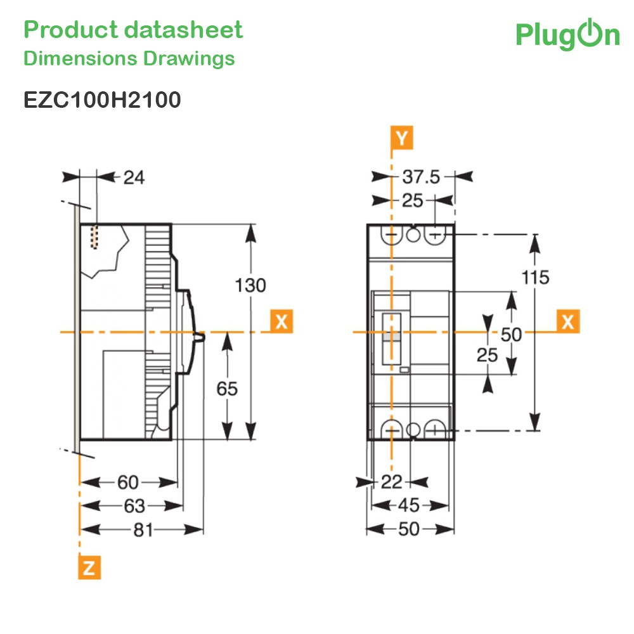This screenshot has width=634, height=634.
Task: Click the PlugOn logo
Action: pyautogui.click(x=567, y=35)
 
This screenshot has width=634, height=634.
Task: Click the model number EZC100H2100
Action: pyautogui.click(x=102, y=100)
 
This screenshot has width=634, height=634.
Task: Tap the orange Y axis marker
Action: pyautogui.click(x=401, y=138)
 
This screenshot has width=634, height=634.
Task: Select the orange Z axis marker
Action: pyautogui.click(x=89, y=567)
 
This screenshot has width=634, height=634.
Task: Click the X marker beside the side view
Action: pyautogui.click(x=281, y=321)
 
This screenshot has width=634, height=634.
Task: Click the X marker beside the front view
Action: pyautogui.click(x=568, y=321)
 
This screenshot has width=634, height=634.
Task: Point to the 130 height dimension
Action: pyautogui.click(x=250, y=285)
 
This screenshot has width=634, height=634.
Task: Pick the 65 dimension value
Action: pyautogui.click(x=227, y=389)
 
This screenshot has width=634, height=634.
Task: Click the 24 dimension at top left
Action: pyautogui.click(x=134, y=178)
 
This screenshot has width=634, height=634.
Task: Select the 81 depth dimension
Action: pyautogui.click(x=143, y=529)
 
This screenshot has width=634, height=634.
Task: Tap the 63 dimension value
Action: pyautogui.click(x=134, y=506)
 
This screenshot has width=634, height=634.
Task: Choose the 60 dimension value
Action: pyautogui.click(x=128, y=482)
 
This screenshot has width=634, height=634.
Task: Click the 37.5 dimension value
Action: pyautogui.click(x=421, y=177)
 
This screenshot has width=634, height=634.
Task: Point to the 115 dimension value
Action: pyautogui.click(x=535, y=278)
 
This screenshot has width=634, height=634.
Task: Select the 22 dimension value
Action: pyautogui.click(x=391, y=482)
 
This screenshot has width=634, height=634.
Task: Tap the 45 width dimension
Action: pyautogui.click(x=409, y=505)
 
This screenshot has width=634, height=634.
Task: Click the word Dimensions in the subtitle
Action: pyautogui.click(x=81, y=58)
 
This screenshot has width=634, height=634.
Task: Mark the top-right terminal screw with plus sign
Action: pyautogui.click(x=435, y=235)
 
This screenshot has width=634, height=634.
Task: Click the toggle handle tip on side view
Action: pyautogui.click(x=201, y=337)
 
